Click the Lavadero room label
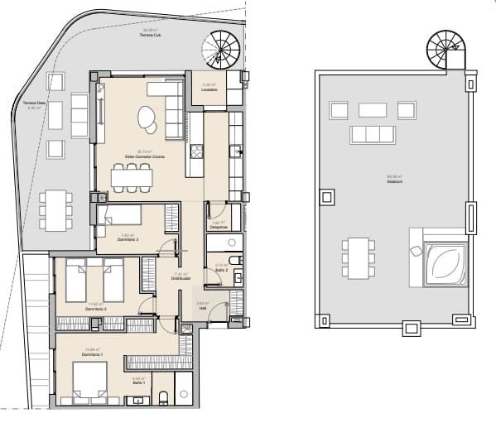tap(209, 89)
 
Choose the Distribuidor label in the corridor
tap(181, 278)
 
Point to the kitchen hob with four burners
tap(197, 151)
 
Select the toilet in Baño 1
tap(163, 398)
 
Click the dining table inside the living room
tap(132, 177)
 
